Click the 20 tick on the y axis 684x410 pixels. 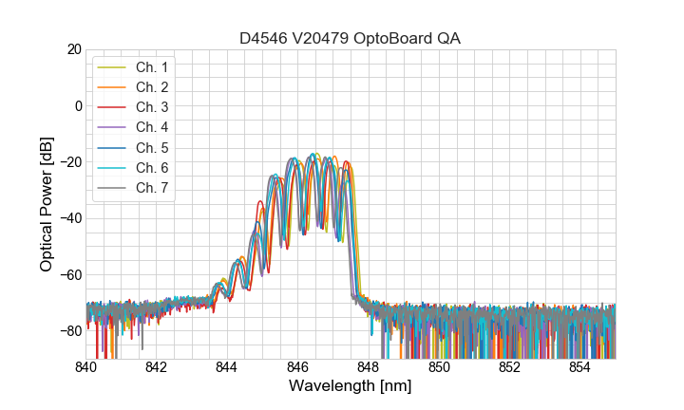73,49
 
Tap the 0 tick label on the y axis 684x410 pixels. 78,105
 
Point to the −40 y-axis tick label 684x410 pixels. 69,218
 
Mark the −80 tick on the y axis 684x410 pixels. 69,331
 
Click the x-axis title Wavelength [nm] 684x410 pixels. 351,387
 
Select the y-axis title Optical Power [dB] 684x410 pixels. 47,204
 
